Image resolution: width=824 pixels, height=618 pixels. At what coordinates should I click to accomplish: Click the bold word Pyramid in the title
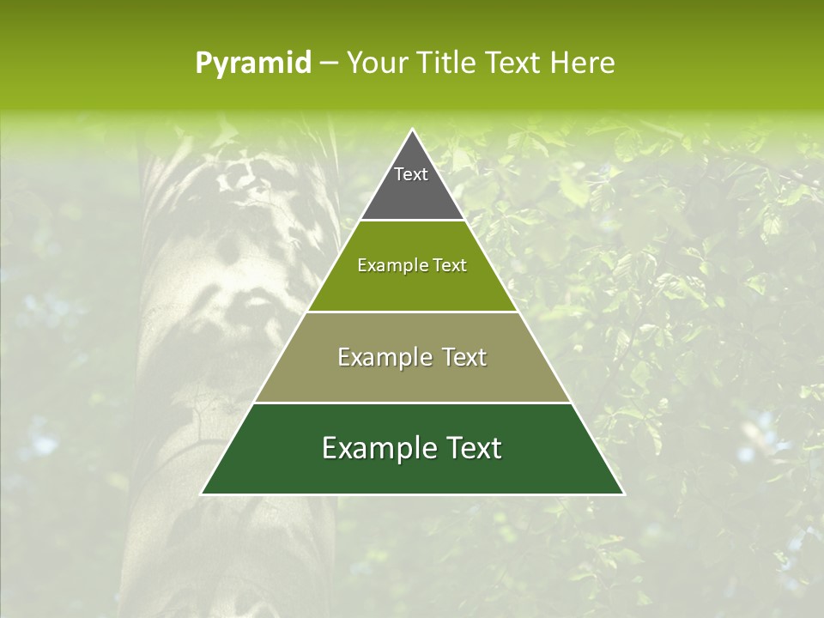pos(253,64)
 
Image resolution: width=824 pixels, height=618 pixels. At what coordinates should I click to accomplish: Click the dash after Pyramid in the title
pos(329,64)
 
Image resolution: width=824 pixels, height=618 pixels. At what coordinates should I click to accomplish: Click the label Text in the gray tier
pos(411,174)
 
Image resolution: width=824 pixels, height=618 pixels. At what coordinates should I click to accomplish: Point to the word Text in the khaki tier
pos(464,357)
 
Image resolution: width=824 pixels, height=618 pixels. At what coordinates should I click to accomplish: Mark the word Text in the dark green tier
pos(475,448)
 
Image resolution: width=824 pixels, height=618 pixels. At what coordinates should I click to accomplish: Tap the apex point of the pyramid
pos(412,130)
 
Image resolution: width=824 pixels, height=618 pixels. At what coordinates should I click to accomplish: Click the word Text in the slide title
pos(513,63)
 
